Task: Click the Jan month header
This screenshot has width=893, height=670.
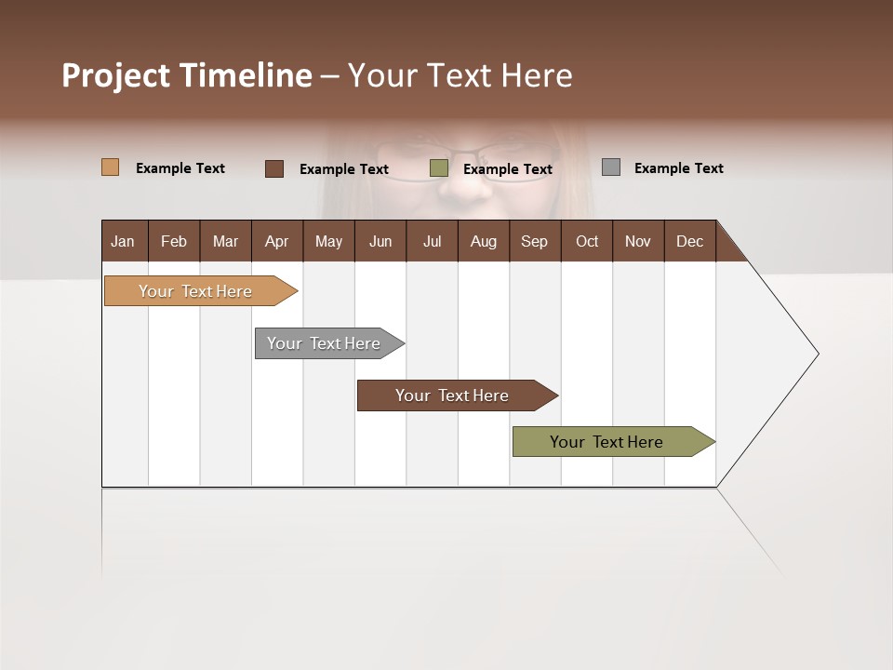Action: click(x=123, y=241)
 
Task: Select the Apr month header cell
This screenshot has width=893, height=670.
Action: click(x=276, y=241)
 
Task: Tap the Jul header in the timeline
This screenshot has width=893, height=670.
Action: click(x=432, y=241)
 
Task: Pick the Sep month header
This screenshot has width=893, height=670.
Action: click(x=534, y=241)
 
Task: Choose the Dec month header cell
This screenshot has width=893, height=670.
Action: click(x=689, y=241)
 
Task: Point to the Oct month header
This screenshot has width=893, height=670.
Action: click(x=586, y=241)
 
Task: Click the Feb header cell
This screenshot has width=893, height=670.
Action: click(x=174, y=241)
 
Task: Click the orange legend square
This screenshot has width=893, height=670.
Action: click(x=110, y=167)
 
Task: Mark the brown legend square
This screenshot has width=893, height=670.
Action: click(x=274, y=168)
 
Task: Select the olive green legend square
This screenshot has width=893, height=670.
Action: click(x=439, y=168)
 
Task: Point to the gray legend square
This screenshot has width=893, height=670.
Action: click(x=611, y=167)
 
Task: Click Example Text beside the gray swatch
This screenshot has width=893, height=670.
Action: click(x=678, y=168)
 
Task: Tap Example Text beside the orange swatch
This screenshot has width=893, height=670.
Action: click(x=180, y=168)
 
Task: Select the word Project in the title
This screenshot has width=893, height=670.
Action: click(x=117, y=75)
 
